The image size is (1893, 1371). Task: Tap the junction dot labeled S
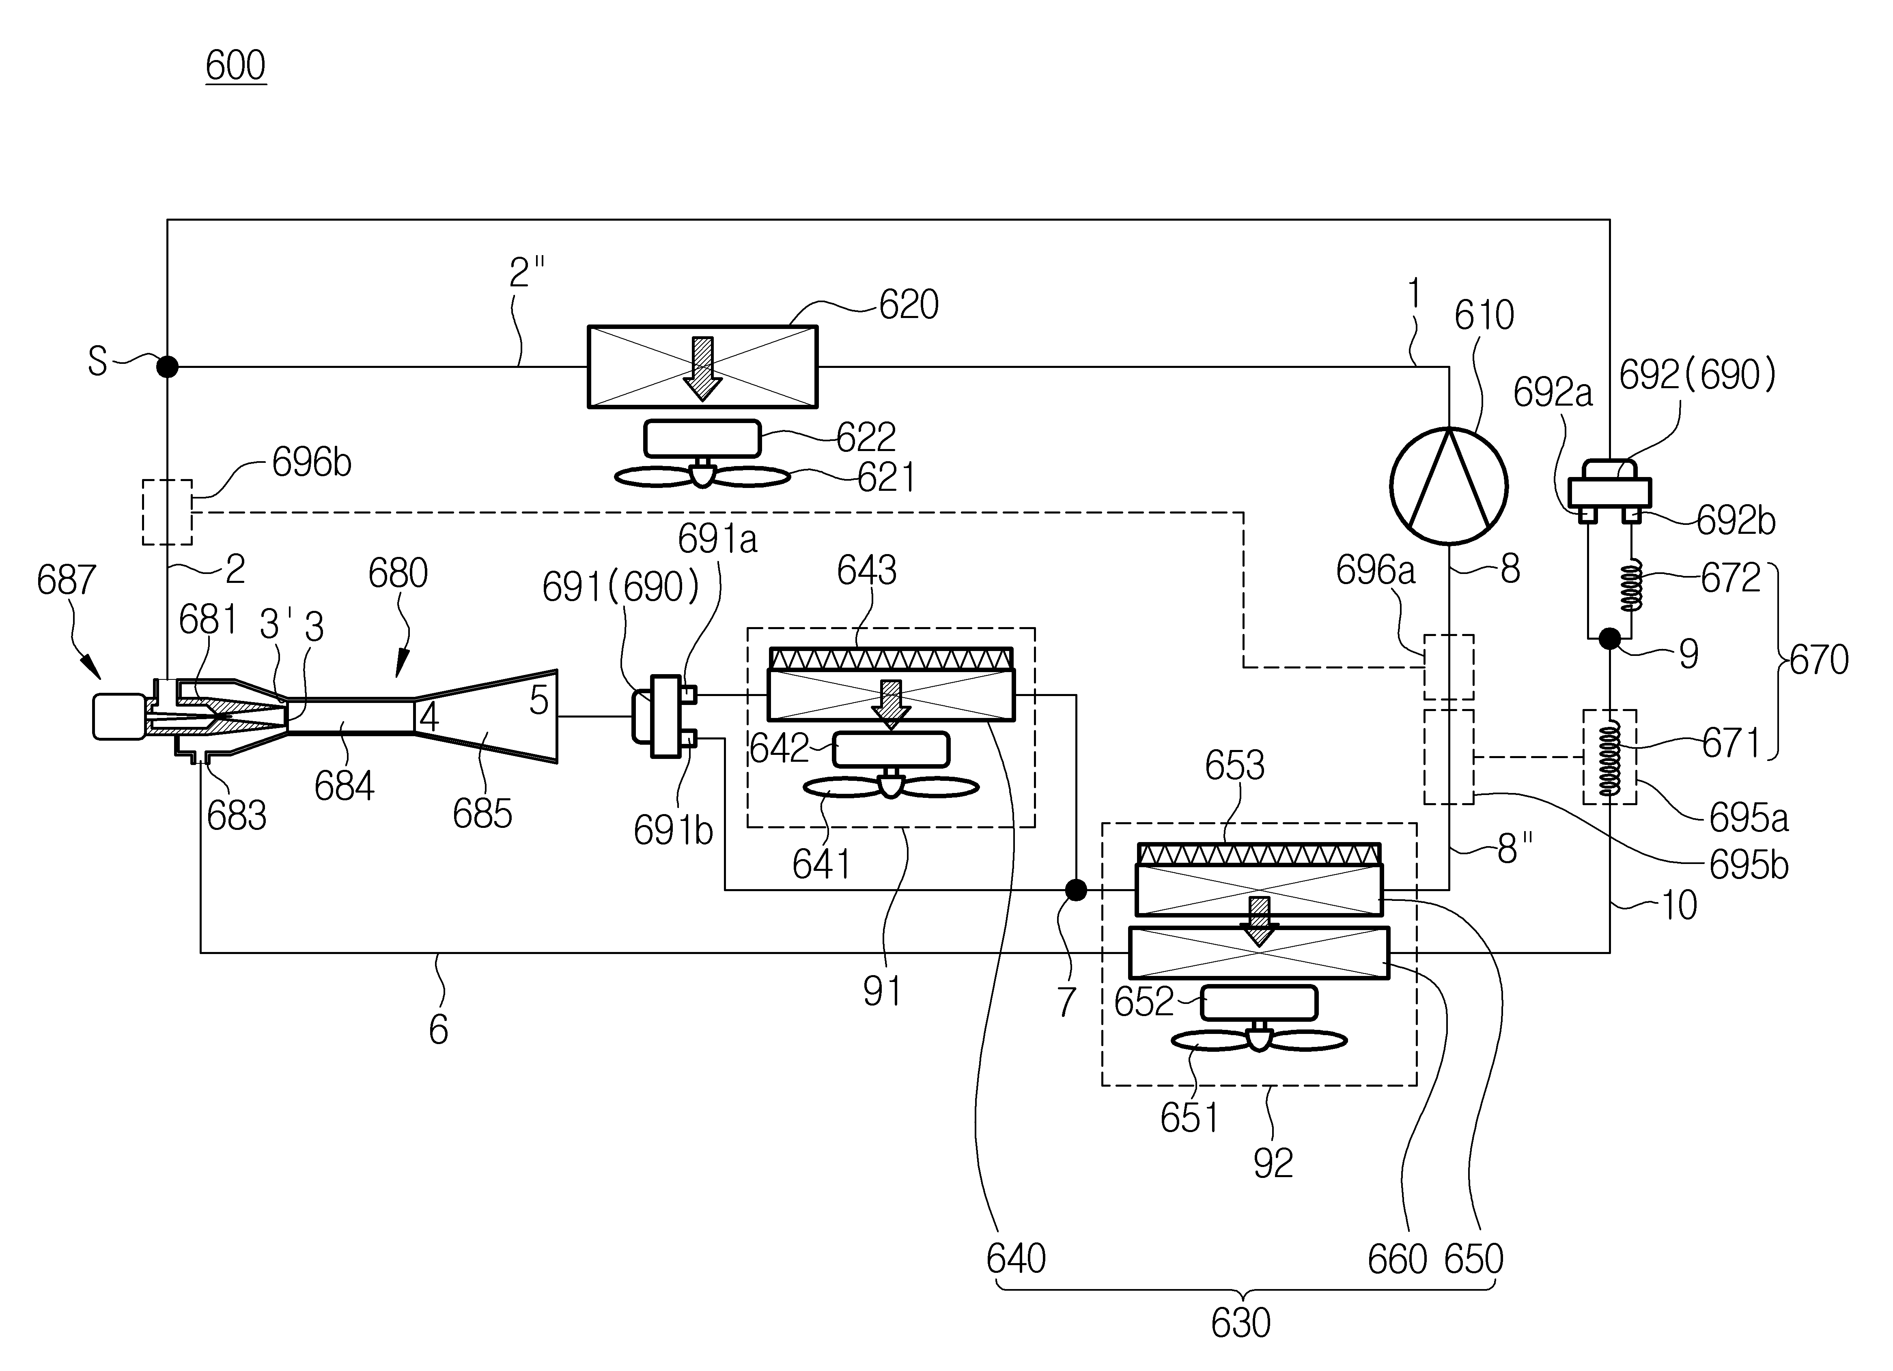point(168,365)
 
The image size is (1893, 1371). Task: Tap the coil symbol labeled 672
point(1632,587)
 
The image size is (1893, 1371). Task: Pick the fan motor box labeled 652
point(1260,1003)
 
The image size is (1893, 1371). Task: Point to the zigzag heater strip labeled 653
point(1259,854)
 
